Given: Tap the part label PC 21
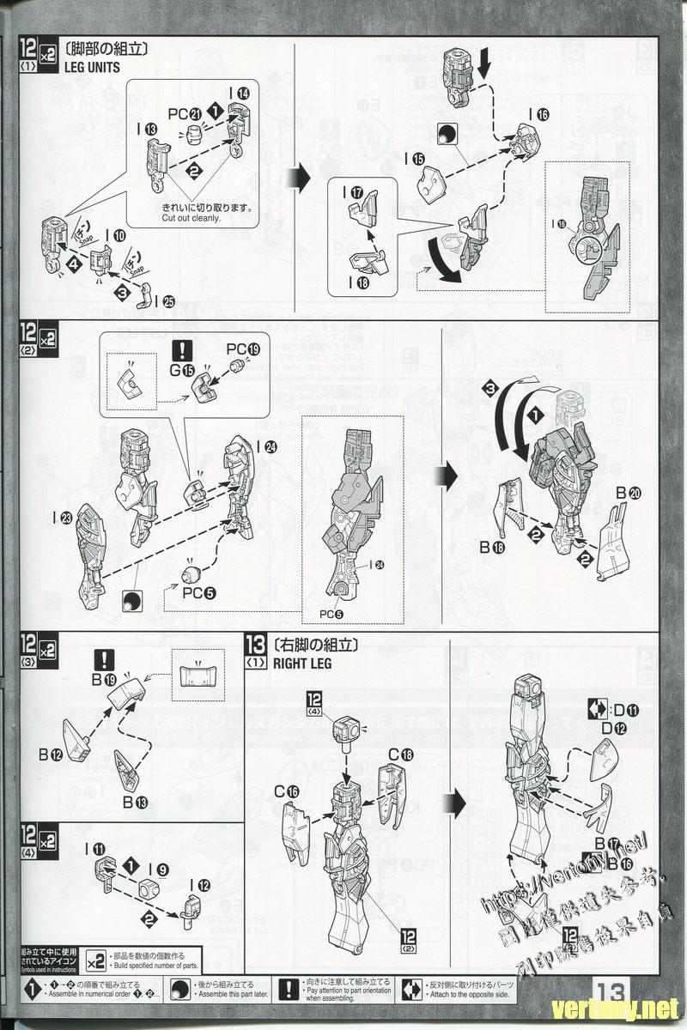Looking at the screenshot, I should point(184,113).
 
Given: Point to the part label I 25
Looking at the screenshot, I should point(163,300).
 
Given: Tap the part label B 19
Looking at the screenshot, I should point(104,680).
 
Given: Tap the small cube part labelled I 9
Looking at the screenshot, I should point(151,888).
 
